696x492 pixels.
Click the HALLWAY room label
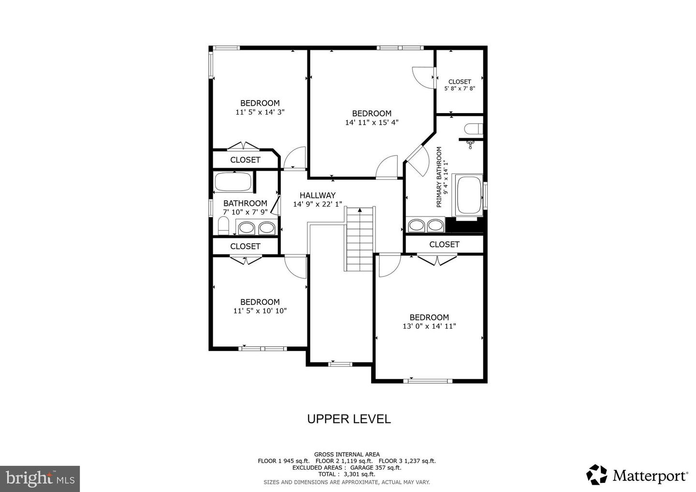tap(318, 195)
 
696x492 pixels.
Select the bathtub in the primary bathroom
tap(469, 195)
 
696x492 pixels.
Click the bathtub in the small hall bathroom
tap(233, 181)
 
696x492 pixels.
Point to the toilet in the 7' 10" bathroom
tap(223, 226)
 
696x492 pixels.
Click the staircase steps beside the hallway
tap(360, 239)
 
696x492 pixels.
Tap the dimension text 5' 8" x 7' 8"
tap(460, 88)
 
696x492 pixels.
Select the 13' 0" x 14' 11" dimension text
tap(429, 326)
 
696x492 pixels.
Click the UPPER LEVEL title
tap(349, 419)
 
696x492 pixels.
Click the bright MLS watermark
tap(40, 478)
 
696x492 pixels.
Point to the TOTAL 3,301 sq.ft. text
tap(347, 474)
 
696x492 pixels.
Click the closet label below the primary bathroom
tap(444, 245)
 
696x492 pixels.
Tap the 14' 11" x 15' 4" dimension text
tap(372, 122)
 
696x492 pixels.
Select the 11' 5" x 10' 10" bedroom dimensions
tap(260, 311)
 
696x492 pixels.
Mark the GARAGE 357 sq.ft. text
tap(376, 467)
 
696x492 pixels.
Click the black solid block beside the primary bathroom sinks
tap(464, 225)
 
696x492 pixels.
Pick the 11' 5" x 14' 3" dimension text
tap(260, 112)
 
